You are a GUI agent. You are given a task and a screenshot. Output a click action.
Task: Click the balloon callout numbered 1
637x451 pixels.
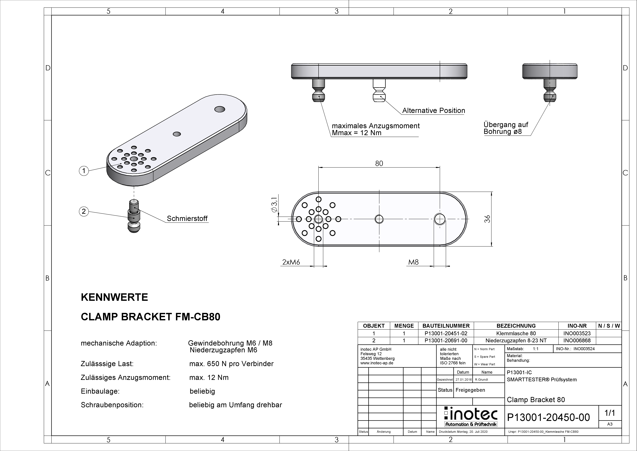coord(84,171)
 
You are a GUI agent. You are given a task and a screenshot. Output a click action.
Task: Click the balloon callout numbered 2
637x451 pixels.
coord(84,211)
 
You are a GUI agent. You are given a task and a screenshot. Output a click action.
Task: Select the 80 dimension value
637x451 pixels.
coord(379,163)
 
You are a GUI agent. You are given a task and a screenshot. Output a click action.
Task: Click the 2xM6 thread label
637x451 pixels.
coord(291,262)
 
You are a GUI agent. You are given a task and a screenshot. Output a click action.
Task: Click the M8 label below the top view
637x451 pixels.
coord(413,262)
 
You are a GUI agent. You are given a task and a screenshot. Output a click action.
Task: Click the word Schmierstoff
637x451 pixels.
coord(187,218)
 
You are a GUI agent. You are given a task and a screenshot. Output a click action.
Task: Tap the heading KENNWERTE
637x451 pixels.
coord(114,297)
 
